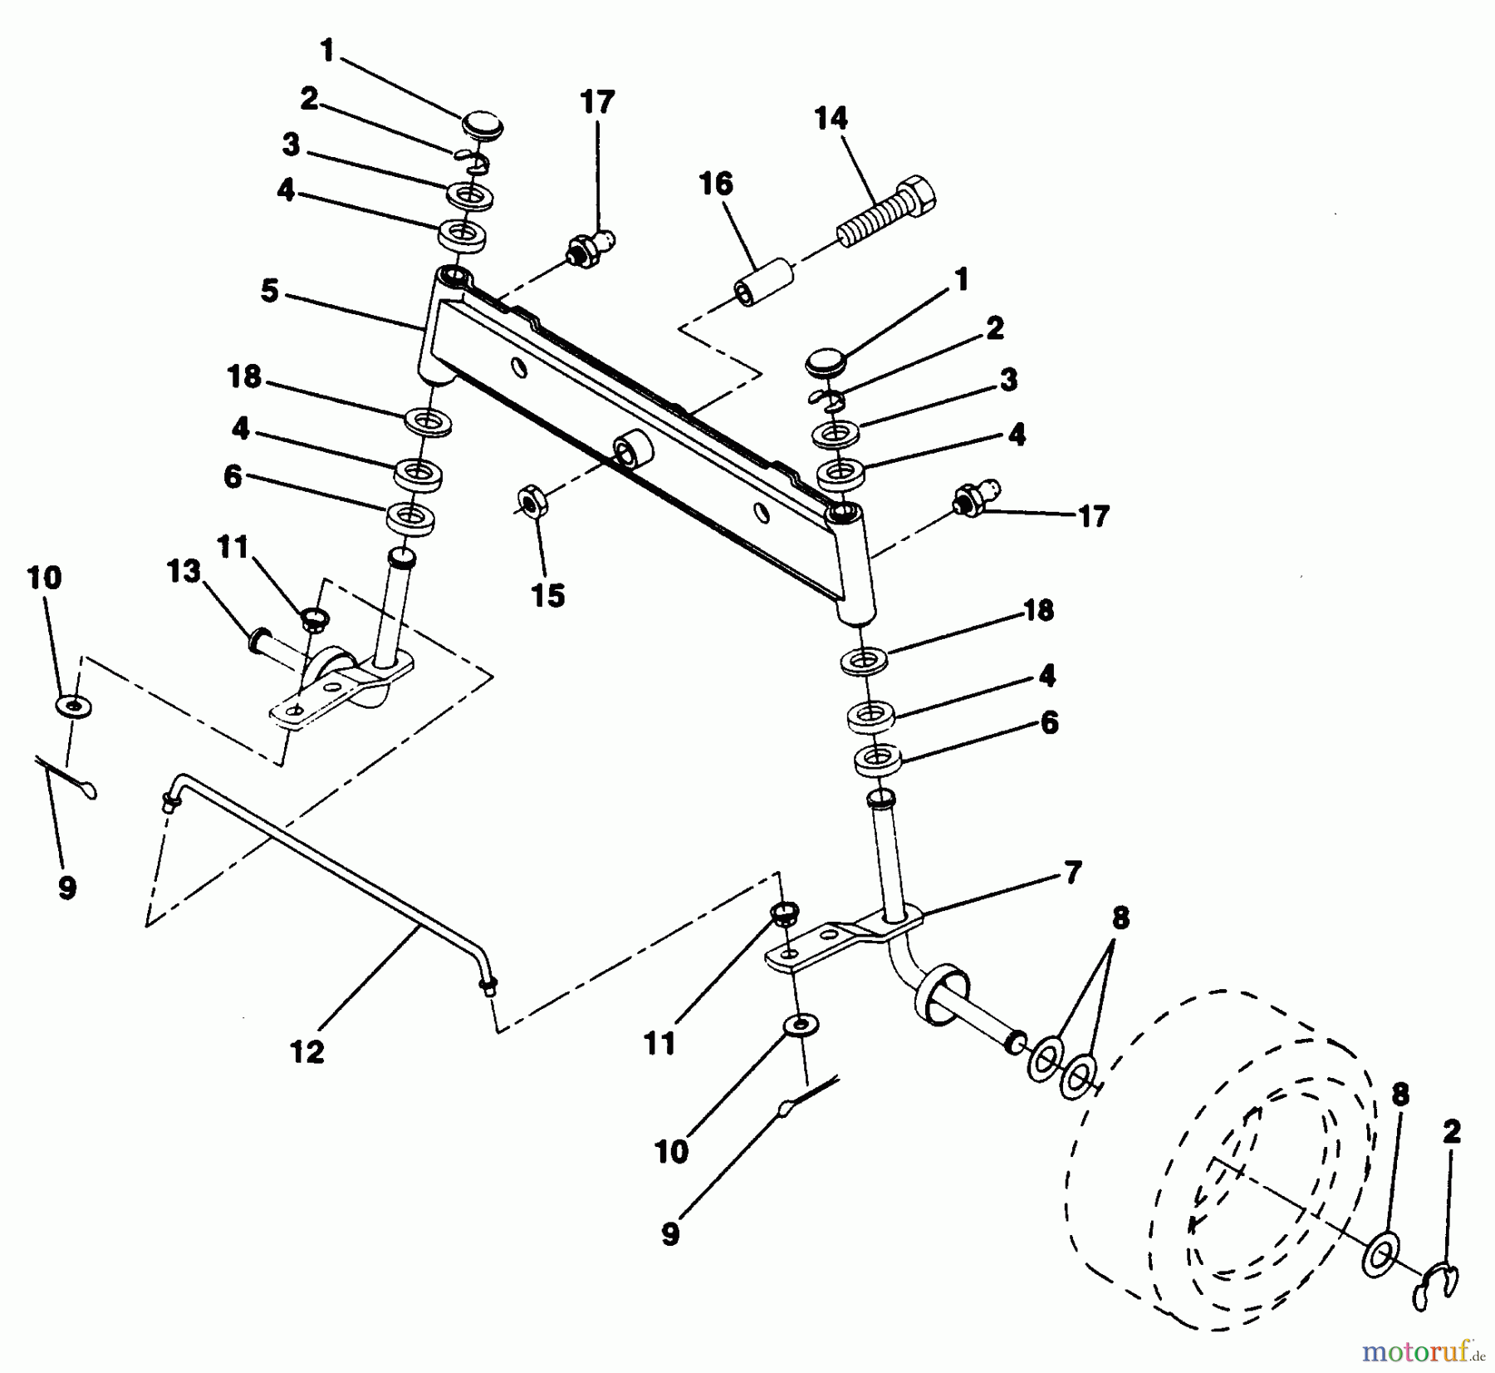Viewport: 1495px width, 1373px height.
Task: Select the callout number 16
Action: (x=716, y=184)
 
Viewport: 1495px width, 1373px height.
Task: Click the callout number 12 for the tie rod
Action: (x=307, y=1051)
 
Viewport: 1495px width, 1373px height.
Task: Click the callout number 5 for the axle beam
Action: (x=269, y=292)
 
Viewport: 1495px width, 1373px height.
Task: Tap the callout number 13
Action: (x=184, y=572)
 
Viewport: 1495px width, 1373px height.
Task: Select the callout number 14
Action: (x=831, y=118)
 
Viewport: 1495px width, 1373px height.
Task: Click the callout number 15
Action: (x=549, y=595)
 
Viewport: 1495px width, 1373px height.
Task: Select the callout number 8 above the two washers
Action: (x=1120, y=918)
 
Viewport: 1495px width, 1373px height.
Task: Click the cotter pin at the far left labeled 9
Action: (x=66, y=777)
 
